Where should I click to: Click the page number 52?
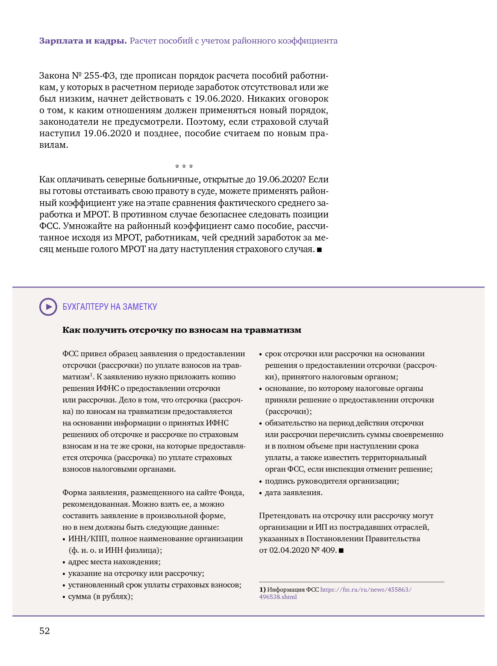tap(44, 631)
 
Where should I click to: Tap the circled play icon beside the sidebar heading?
tap(48, 307)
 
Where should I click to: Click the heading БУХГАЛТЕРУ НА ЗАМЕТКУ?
tap(109, 307)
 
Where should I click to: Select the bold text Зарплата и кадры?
tap(83, 41)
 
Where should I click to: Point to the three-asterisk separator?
tap(184, 167)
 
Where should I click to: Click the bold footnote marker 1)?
tap(262, 590)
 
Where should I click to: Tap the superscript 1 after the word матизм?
tap(91, 375)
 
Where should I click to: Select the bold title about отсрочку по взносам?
tap(182, 330)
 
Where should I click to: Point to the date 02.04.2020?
tap(289, 550)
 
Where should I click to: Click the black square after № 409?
tap(341, 551)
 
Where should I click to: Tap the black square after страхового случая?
tap(319, 249)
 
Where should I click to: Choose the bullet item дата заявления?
tap(293, 493)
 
